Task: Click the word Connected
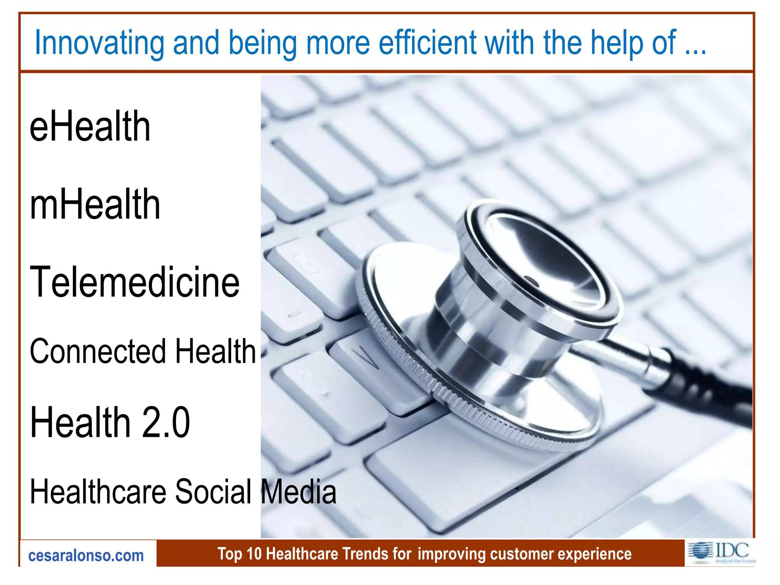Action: [97, 351]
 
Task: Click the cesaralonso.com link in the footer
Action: [86, 556]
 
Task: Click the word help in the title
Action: [617, 43]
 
